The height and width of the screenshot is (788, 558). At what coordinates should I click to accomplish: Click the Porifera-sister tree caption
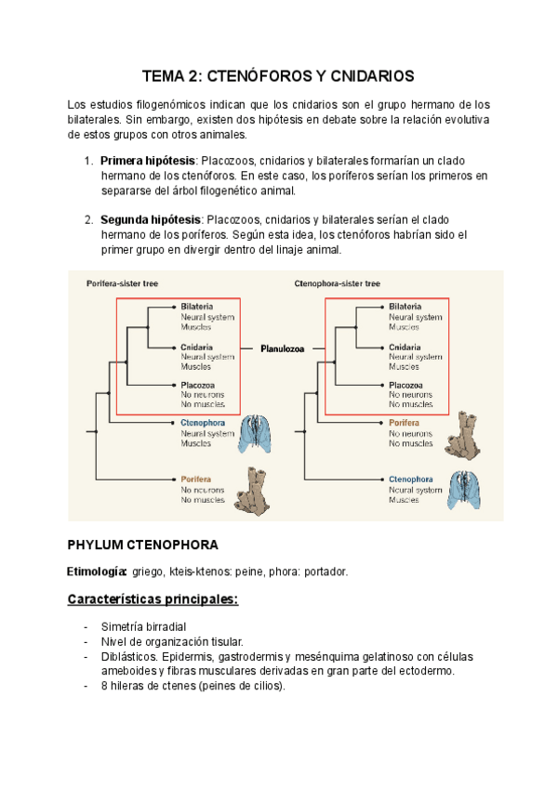click(x=124, y=283)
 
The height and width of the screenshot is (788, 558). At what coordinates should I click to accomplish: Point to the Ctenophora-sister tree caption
click(x=338, y=283)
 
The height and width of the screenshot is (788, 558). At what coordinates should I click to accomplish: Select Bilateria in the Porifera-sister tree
click(x=197, y=306)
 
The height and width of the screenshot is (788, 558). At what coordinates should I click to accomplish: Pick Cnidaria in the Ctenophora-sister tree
click(x=405, y=346)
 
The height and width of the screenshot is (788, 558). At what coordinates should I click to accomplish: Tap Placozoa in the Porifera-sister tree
click(x=197, y=385)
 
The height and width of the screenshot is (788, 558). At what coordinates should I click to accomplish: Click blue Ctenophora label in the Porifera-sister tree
click(x=204, y=424)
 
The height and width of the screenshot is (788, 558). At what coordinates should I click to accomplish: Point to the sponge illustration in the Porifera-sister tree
click(x=251, y=490)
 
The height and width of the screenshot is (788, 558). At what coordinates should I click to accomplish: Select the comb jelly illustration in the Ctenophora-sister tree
click(x=467, y=490)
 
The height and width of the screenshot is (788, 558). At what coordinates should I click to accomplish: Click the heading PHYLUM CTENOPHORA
click(x=143, y=545)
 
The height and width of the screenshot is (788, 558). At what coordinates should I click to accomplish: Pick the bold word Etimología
click(x=97, y=571)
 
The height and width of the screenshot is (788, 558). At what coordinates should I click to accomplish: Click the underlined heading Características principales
click(x=153, y=599)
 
